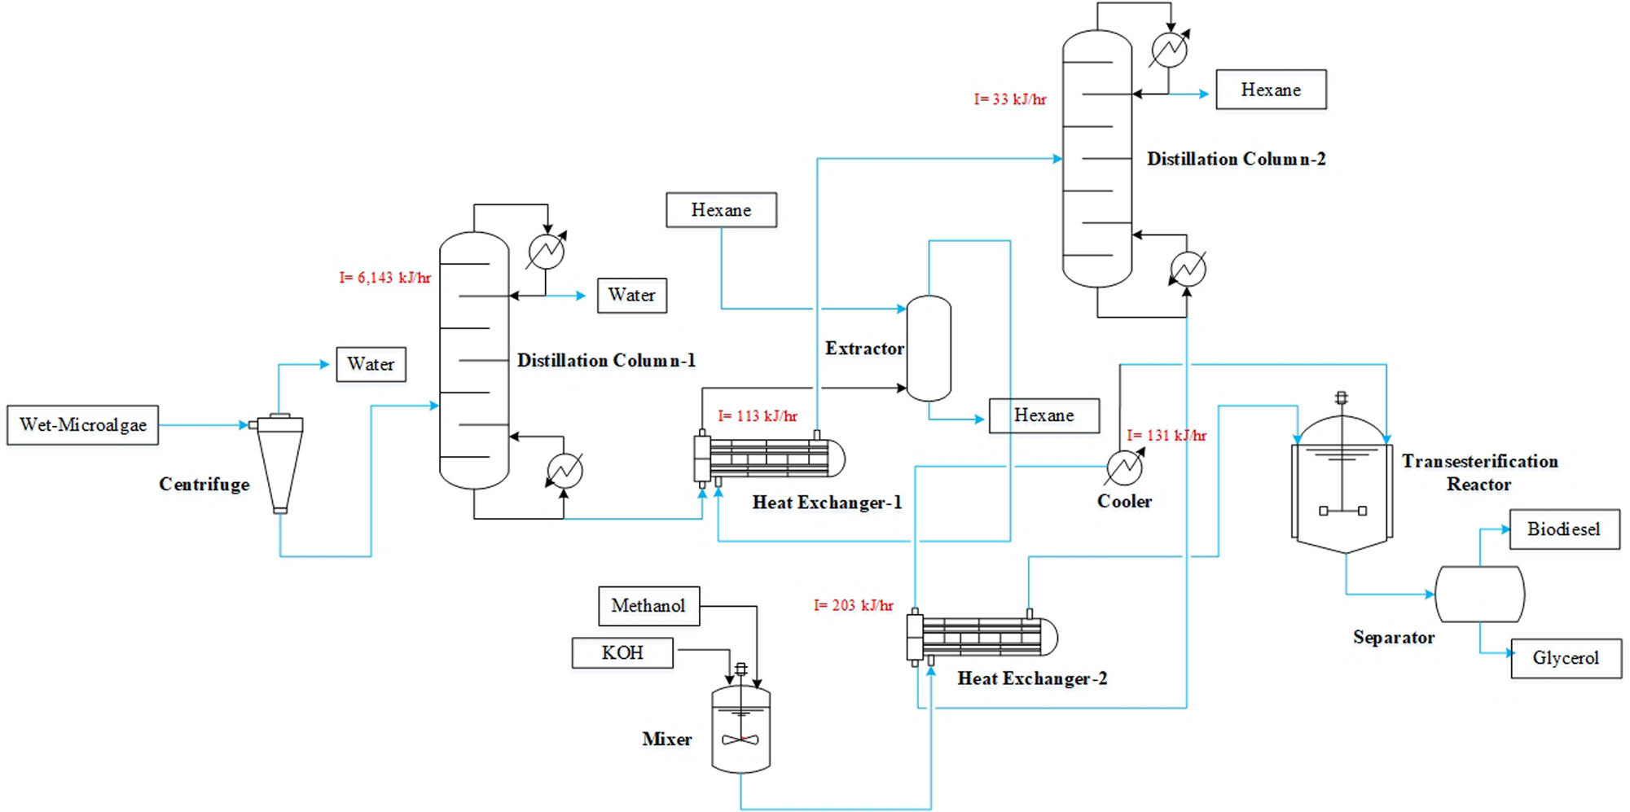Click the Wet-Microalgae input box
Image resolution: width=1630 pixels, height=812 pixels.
pos(82,424)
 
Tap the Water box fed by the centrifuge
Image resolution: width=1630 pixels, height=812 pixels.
pos(371,364)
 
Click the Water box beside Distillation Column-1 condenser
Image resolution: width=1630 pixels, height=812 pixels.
pos(631,295)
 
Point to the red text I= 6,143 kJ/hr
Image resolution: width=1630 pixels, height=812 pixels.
pos(384,278)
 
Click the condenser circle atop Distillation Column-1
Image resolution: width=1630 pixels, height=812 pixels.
pos(546,251)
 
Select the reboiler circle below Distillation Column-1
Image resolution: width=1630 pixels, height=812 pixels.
pos(565,470)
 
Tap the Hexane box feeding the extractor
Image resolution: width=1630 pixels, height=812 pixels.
pos(721,210)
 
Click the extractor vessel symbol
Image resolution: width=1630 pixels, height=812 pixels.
pos(929,349)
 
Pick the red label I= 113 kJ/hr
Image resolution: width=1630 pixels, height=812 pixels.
pos(758,416)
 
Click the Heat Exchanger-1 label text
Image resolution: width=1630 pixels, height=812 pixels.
pos(827,503)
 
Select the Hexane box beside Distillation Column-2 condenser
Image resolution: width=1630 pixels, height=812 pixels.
pos(1271,90)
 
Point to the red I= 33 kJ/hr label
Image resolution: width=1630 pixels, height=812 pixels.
pos(1010,99)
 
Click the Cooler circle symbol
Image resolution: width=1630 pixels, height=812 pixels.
pos(1124,467)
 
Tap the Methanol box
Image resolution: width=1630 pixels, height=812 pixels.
pos(648,606)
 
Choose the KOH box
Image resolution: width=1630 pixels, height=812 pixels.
pos(622,653)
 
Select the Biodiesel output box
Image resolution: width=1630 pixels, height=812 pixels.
pos(1564,529)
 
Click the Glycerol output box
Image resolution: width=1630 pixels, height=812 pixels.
pos(1566,658)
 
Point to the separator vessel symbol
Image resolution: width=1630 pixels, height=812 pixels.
pos(1479,595)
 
